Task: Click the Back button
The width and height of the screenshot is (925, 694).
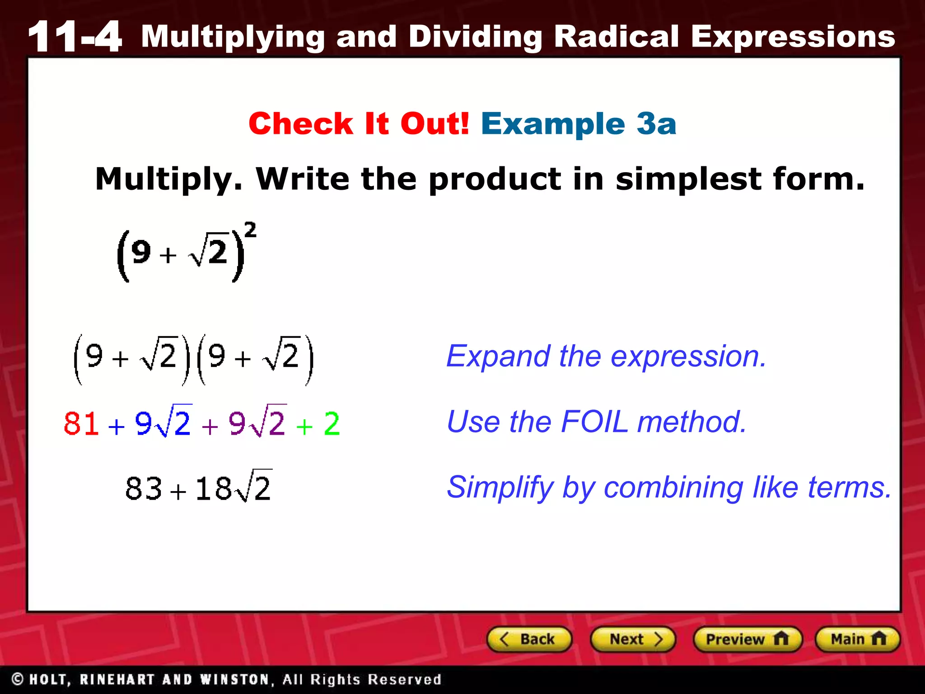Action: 529,639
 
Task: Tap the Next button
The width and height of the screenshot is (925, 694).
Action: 633,639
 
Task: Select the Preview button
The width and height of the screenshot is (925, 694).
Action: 747,639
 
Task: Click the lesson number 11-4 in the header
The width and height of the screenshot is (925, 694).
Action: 75,37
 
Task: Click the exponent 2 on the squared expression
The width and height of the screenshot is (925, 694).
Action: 250,230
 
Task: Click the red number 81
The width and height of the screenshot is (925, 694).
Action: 81,424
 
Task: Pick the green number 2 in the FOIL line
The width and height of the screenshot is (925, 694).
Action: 332,424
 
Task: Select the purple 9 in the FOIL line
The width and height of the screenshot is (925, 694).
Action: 237,424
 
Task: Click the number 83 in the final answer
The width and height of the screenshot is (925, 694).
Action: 144,489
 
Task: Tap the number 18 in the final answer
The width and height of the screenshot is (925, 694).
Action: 214,489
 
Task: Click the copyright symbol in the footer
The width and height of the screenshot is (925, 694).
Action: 18,679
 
